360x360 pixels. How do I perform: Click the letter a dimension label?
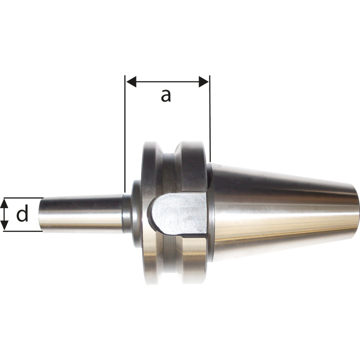(166, 96)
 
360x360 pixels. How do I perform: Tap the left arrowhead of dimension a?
(131, 81)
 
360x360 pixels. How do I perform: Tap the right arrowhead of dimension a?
(204, 81)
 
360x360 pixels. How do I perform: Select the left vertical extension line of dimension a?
(125, 134)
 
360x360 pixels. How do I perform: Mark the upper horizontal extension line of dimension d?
(23, 198)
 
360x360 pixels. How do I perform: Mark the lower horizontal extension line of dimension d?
(23, 231)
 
